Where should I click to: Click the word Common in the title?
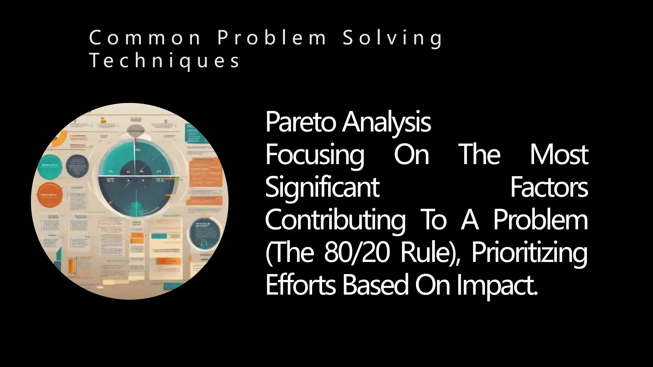145,38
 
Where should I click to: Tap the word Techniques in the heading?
164,61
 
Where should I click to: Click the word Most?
559,155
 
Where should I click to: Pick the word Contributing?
335,221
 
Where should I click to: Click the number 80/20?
357,253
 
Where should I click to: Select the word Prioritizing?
529,254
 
